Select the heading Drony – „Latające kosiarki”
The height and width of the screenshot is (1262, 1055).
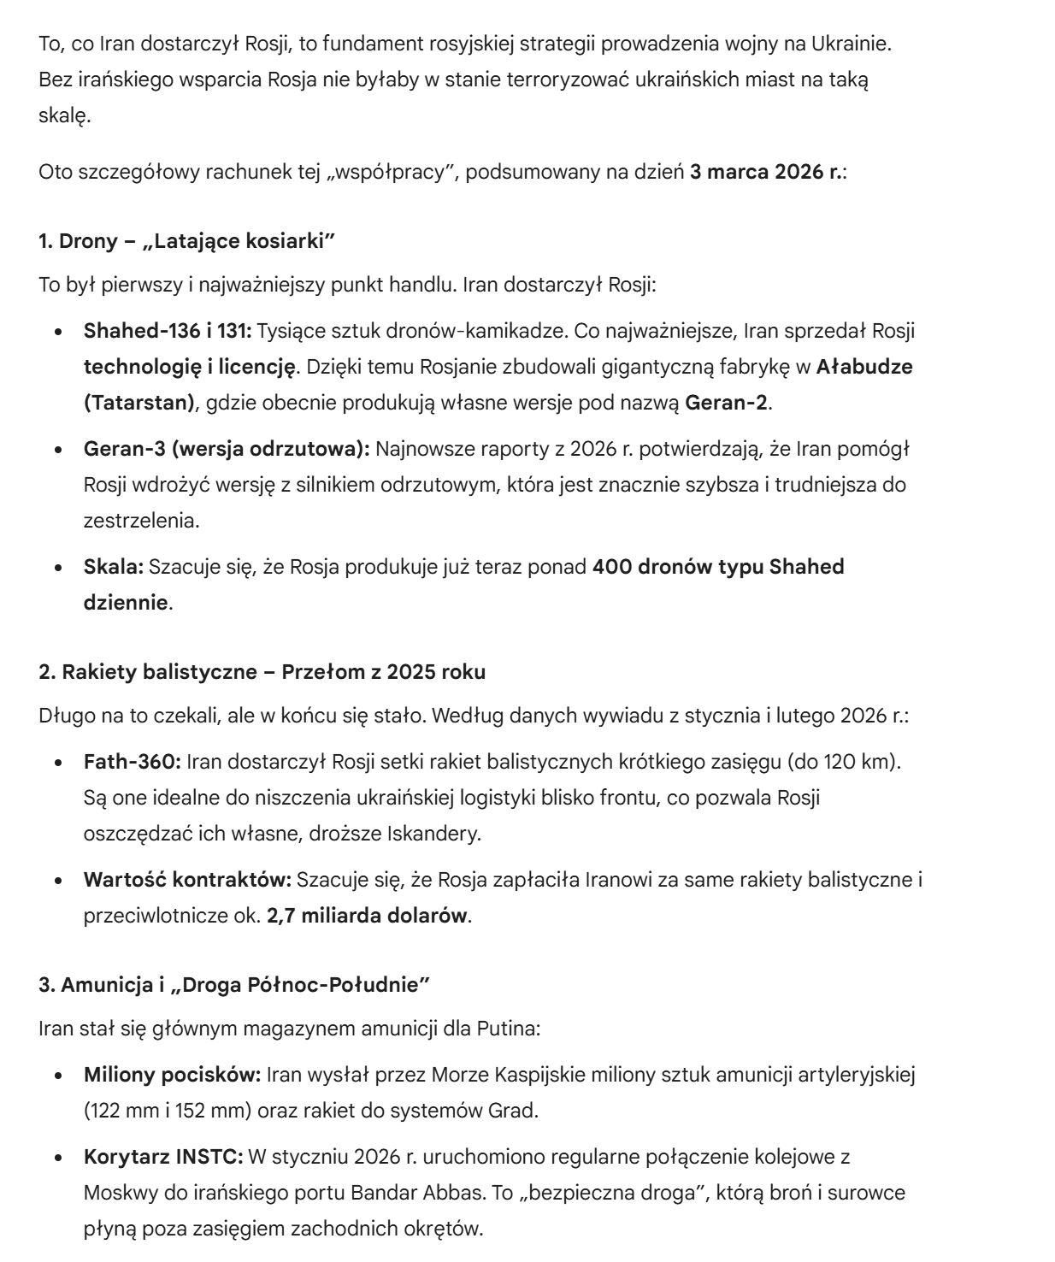(186, 241)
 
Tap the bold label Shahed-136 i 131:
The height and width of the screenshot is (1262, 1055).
(168, 331)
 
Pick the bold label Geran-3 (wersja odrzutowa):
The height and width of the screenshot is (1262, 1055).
(226, 449)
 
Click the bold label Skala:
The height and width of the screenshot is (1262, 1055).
(113, 567)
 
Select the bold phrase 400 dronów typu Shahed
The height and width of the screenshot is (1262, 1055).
(718, 567)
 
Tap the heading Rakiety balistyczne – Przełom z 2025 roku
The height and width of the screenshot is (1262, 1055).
(262, 672)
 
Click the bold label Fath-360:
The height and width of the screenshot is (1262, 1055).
(132, 761)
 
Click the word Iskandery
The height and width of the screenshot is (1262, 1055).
(433, 833)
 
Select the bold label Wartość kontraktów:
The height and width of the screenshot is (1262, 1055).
(187, 879)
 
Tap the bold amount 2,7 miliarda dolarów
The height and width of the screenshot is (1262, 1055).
(367, 915)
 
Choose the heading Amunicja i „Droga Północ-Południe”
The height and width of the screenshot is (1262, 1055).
(233, 985)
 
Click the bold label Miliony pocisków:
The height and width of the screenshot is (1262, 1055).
(172, 1074)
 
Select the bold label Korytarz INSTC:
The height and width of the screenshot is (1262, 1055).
(163, 1156)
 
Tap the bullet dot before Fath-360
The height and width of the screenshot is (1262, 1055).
(59, 762)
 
